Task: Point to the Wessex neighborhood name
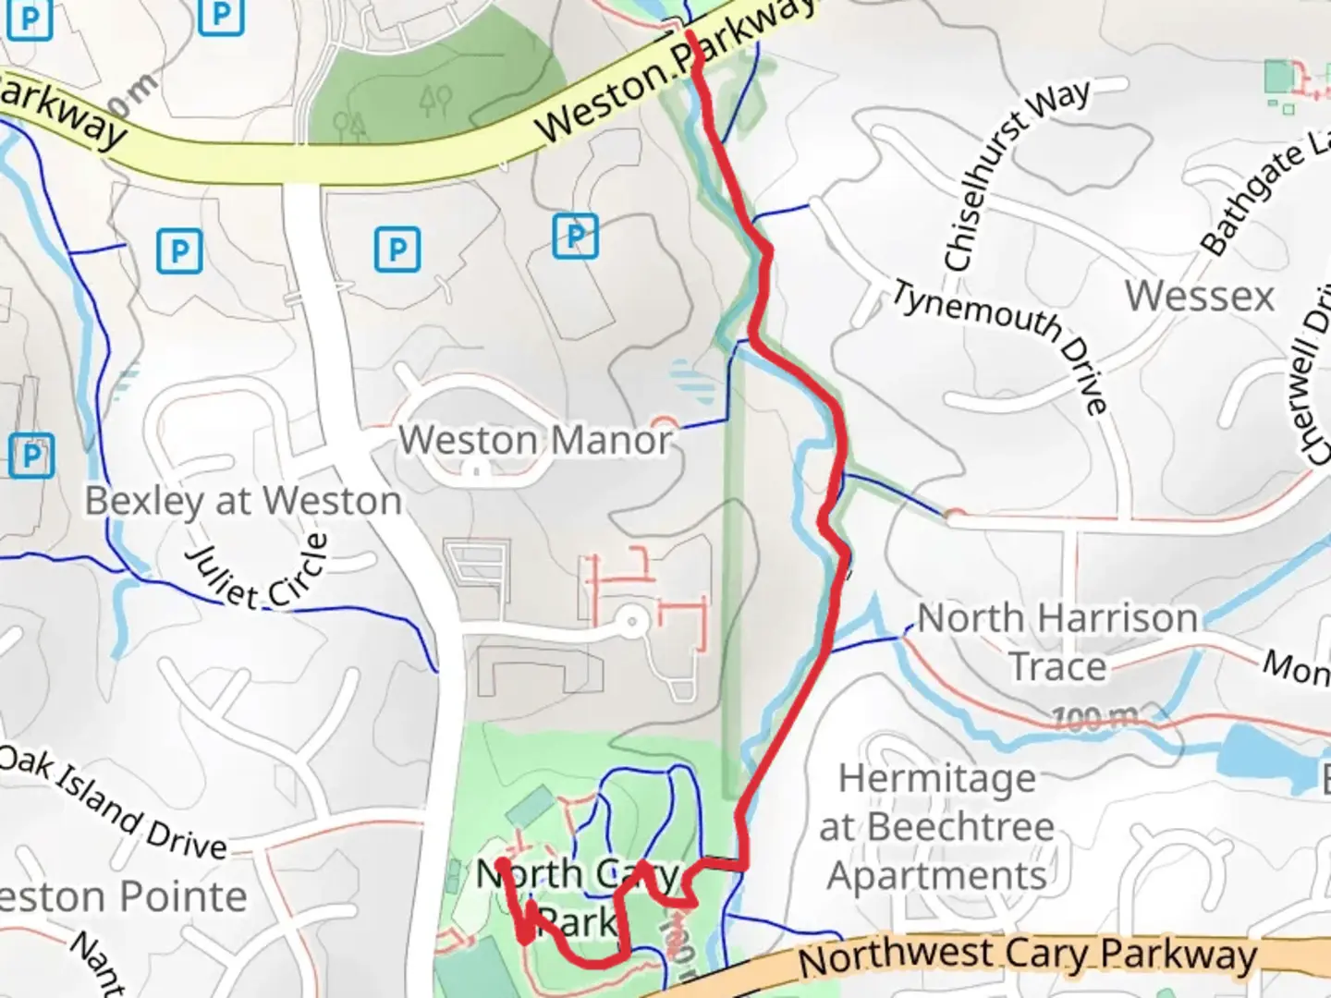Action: pyautogui.click(x=1199, y=297)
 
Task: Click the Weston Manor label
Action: pyautogui.click(x=535, y=440)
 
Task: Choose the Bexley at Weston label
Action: pyautogui.click(x=243, y=501)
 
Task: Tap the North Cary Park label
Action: pyautogui.click(x=578, y=896)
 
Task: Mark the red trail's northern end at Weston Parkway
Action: pyautogui.click(x=690, y=35)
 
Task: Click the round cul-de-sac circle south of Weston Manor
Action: pyautogui.click(x=632, y=621)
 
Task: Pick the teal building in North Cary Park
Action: pyautogui.click(x=530, y=808)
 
